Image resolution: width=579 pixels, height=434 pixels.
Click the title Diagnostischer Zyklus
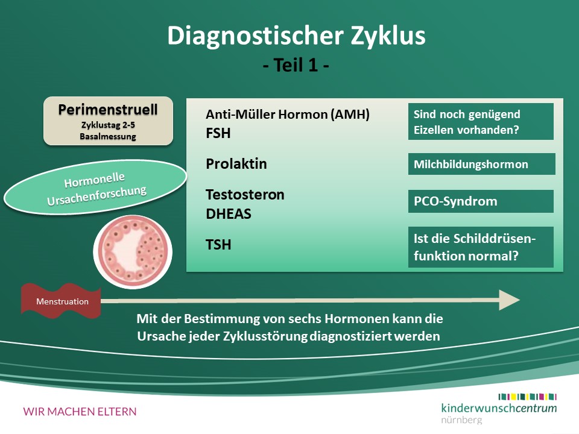tap(297, 36)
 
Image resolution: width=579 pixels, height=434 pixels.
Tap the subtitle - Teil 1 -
tap(296, 65)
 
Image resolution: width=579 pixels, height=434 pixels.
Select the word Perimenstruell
tap(108, 110)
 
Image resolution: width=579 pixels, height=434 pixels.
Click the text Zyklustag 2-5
tap(108, 125)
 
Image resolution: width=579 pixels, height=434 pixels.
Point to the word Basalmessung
tap(108, 137)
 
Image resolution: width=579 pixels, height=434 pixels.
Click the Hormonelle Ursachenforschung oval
tap(95, 187)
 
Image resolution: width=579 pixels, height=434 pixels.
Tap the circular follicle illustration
tap(133, 252)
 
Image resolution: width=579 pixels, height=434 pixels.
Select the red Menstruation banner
tap(61, 301)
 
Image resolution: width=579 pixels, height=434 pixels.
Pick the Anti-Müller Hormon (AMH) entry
tap(287, 115)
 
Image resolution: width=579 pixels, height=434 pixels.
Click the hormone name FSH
tap(218, 133)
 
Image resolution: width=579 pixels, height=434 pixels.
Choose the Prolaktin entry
tap(236, 164)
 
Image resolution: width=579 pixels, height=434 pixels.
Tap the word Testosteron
tap(245, 195)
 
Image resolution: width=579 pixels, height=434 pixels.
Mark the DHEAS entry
tap(228, 214)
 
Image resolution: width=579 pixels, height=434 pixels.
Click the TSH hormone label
tap(218, 245)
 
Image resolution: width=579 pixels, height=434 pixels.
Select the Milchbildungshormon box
tap(481, 164)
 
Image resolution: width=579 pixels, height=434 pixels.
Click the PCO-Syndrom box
tap(481, 201)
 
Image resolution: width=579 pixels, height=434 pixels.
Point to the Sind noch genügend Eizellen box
tap(481, 121)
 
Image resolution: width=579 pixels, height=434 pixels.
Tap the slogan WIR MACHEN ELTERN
tap(80, 412)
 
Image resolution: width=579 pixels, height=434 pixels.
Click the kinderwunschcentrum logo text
tap(499, 408)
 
